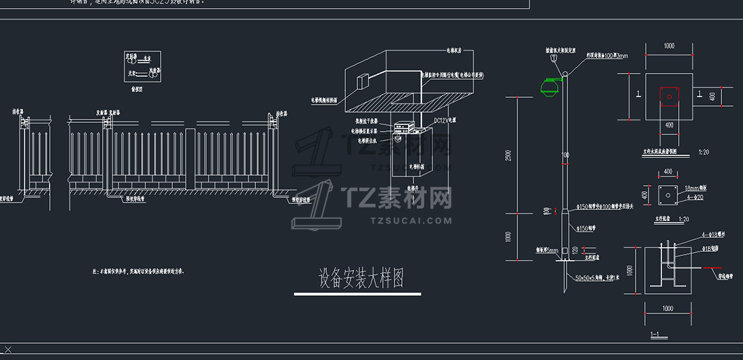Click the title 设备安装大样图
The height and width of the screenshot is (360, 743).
(361, 279)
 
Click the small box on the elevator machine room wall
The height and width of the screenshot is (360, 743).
(363, 82)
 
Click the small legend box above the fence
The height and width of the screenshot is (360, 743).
(142, 67)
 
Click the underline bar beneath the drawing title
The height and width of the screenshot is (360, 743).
(357, 294)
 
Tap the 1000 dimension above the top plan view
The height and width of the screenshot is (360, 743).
(669, 46)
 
